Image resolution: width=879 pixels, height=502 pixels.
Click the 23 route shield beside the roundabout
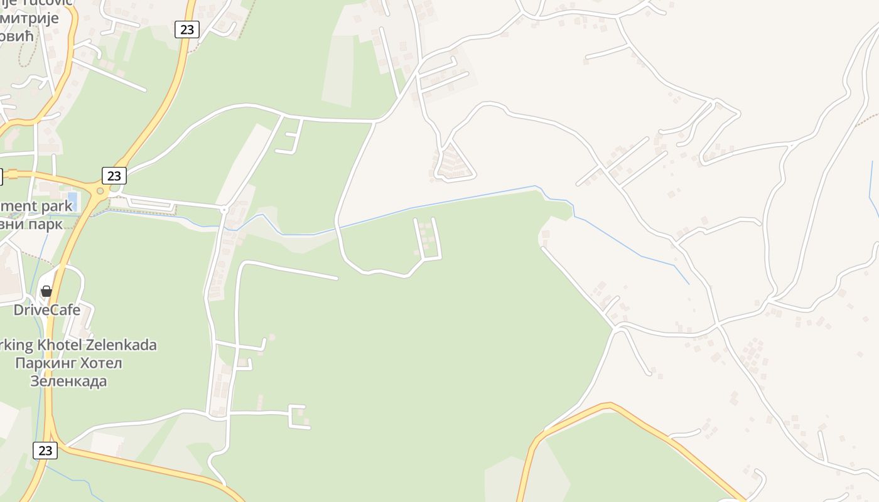pos(114,176)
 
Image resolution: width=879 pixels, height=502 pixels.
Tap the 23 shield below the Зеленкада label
pos(45,450)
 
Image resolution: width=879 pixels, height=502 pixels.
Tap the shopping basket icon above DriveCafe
pos(46,291)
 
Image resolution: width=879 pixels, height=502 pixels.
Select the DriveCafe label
pos(47,310)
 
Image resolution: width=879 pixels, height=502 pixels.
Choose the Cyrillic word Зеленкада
pos(68,381)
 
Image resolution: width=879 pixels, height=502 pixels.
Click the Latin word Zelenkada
pos(124,344)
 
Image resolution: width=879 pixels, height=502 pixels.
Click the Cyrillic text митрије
pos(30,18)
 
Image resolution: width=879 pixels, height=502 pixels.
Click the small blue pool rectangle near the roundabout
pos(72,200)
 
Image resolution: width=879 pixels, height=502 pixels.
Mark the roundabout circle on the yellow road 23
pos(99,190)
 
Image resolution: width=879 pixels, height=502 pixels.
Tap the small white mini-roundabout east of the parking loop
pos(224,209)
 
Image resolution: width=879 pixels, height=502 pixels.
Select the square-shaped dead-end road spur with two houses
pos(296,417)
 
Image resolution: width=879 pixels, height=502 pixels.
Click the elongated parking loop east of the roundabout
pos(151,203)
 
